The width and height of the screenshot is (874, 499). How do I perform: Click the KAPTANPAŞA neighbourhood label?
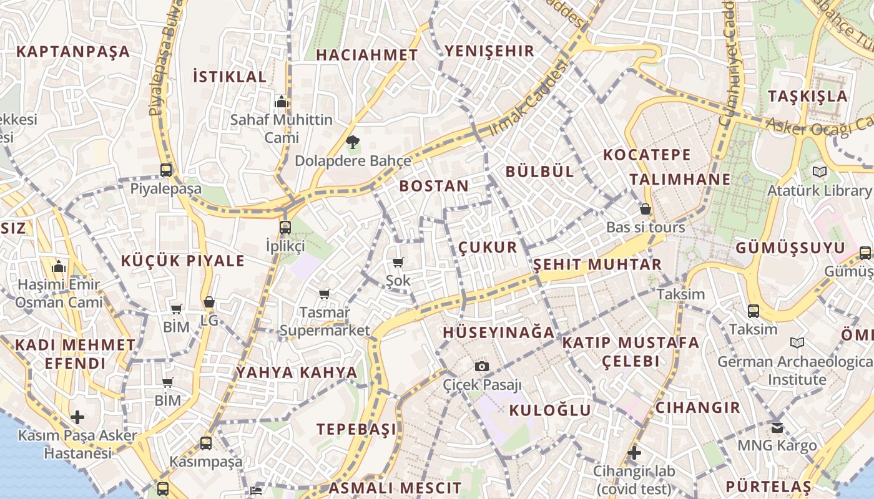tap(73, 52)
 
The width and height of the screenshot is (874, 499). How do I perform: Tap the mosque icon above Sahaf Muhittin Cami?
tap(281, 102)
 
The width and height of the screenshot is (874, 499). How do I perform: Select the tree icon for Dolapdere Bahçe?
tap(352, 142)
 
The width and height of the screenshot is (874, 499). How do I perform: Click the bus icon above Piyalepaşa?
tap(166, 170)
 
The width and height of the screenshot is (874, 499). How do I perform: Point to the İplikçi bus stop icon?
tap(285, 227)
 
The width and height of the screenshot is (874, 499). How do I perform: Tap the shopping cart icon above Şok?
tap(398, 263)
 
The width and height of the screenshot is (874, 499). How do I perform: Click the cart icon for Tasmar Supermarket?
tap(324, 294)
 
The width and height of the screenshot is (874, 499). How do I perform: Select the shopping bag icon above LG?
tap(209, 303)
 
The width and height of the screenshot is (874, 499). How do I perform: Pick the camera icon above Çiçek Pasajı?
tap(481, 366)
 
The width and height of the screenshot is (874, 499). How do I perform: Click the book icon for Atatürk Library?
tap(819, 172)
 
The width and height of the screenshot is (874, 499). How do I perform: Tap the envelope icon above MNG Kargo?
tap(777, 427)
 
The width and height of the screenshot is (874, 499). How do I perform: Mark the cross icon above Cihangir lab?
tap(634, 452)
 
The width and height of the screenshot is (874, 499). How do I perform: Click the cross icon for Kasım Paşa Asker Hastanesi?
tap(77, 417)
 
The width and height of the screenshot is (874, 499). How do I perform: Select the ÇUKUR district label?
tap(488, 248)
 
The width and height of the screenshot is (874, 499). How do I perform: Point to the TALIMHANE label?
tap(680, 180)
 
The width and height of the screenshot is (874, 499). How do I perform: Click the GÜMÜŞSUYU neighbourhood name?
tap(790, 248)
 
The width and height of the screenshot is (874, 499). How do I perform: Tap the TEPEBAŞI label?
tap(356, 429)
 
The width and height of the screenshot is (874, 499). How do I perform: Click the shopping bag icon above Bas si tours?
tap(646, 209)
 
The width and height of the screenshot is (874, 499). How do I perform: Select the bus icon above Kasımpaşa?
tap(206, 443)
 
